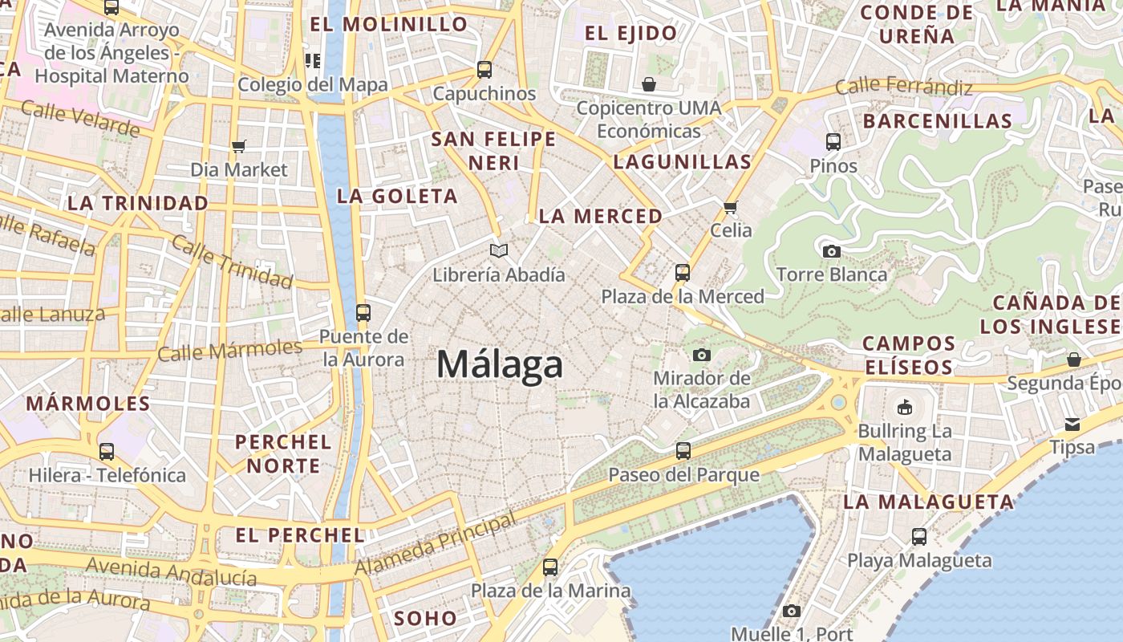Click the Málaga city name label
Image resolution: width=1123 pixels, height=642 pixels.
click(500, 365)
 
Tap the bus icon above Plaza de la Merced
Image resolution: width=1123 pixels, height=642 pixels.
click(683, 273)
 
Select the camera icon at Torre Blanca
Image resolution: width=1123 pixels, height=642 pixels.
click(832, 251)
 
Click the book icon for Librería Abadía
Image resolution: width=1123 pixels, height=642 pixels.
click(499, 251)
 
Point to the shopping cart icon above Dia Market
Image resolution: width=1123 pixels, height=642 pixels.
click(238, 146)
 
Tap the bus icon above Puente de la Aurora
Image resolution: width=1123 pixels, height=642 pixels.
click(363, 313)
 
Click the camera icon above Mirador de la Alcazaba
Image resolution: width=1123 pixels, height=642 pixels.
click(702, 355)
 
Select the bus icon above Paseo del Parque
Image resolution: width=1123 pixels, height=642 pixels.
click(683, 451)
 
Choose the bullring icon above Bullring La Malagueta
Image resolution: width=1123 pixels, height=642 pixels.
click(905, 407)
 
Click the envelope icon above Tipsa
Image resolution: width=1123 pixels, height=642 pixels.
click(1072, 424)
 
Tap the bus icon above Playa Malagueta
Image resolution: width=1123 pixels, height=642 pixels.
click(919, 537)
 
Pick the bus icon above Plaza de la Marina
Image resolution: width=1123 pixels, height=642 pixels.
click(550, 567)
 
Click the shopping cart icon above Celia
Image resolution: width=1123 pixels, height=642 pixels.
click(731, 207)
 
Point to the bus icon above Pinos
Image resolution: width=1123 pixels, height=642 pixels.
click(833, 142)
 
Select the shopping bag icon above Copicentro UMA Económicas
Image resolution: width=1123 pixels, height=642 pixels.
click(648, 84)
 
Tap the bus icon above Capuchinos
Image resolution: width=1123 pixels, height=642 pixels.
click(484, 70)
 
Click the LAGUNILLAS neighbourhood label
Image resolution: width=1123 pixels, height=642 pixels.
click(683, 162)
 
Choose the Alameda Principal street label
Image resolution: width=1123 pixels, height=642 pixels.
click(437, 545)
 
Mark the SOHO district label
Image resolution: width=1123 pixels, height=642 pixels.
click(425, 619)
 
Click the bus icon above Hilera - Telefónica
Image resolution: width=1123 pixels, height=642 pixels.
click(107, 452)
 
